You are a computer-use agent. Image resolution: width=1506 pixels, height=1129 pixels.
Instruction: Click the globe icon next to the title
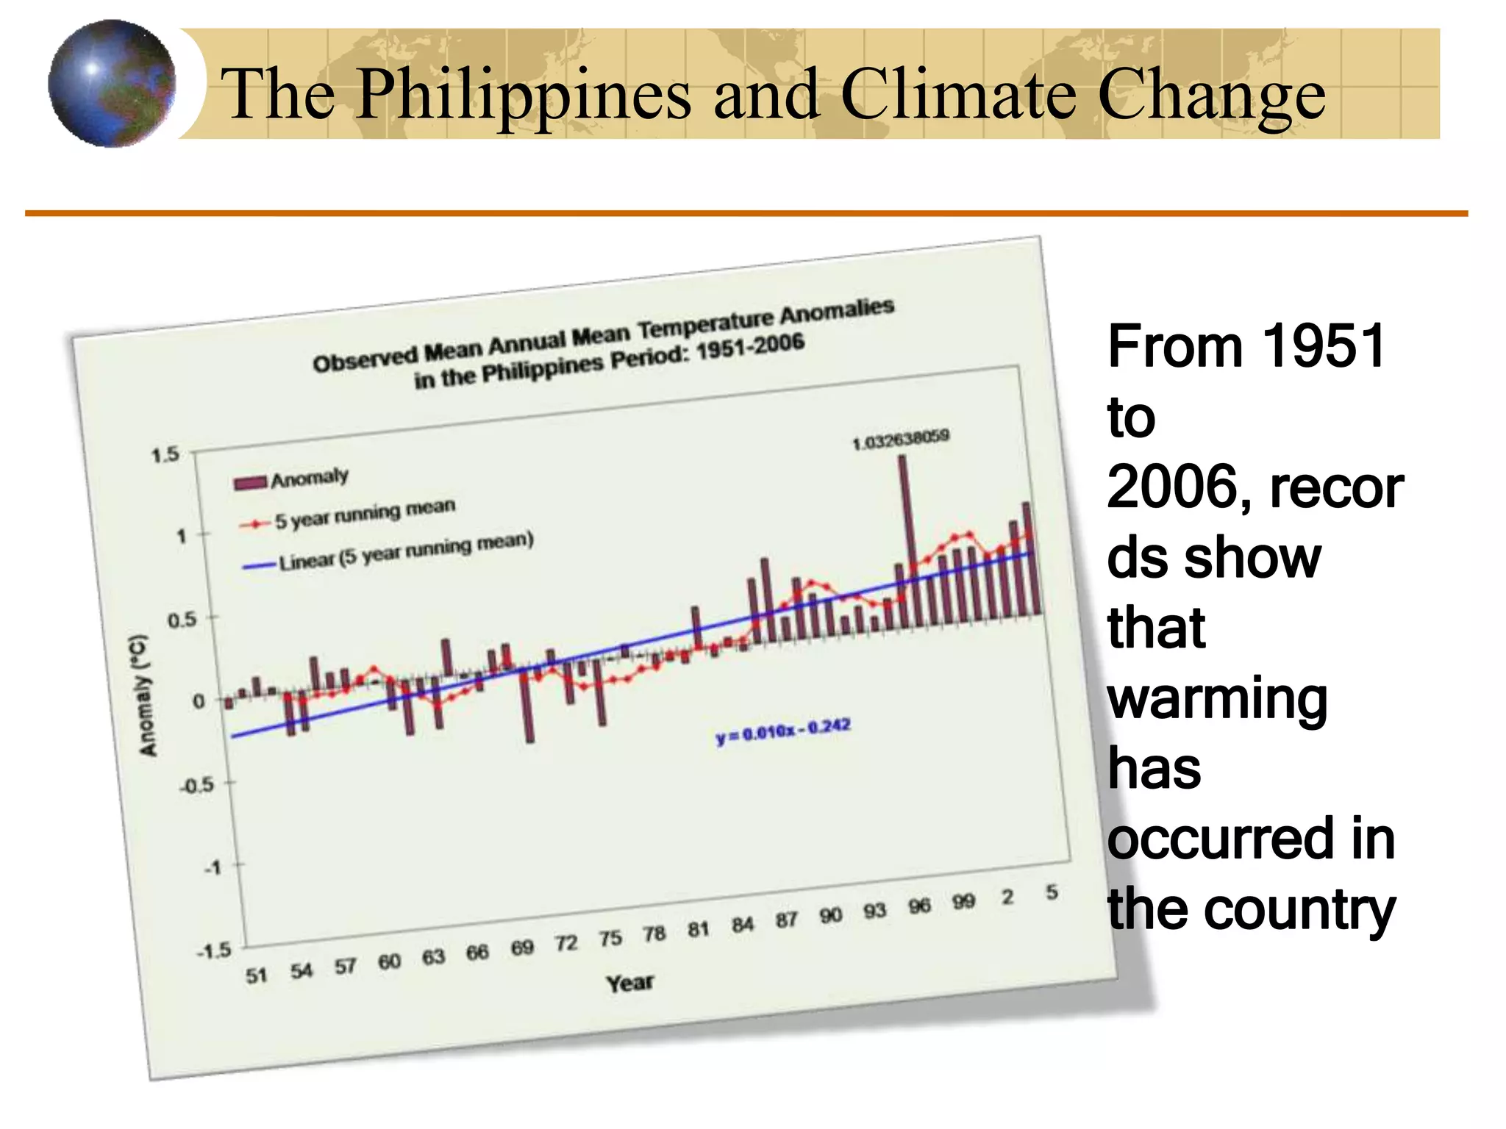click(112, 84)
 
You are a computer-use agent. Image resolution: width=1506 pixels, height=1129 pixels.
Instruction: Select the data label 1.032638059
click(901, 440)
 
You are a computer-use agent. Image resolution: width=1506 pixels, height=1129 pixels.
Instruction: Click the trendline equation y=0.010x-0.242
click(784, 731)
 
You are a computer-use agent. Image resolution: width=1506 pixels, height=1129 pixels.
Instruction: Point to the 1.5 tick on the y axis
click(165, 454)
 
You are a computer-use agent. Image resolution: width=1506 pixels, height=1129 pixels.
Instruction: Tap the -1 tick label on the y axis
click(213, 868)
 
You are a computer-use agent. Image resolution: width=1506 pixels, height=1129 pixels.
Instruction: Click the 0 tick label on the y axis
click(199, 701)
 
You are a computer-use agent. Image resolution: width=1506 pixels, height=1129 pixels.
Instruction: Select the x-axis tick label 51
click(256, 976)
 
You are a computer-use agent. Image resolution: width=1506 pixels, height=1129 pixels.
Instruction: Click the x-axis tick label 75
click(610, 939)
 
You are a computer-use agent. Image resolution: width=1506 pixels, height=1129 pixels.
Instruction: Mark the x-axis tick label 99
click(963, 901)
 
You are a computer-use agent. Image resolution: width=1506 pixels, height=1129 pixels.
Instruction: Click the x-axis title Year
click(629, 983)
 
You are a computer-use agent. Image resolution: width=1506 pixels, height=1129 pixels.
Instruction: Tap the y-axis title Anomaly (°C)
click(146, 695)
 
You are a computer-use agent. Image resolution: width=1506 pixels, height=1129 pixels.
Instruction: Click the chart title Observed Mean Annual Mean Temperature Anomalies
click(603, 335)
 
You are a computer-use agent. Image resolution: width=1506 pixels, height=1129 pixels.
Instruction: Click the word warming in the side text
click(1217, 699)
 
